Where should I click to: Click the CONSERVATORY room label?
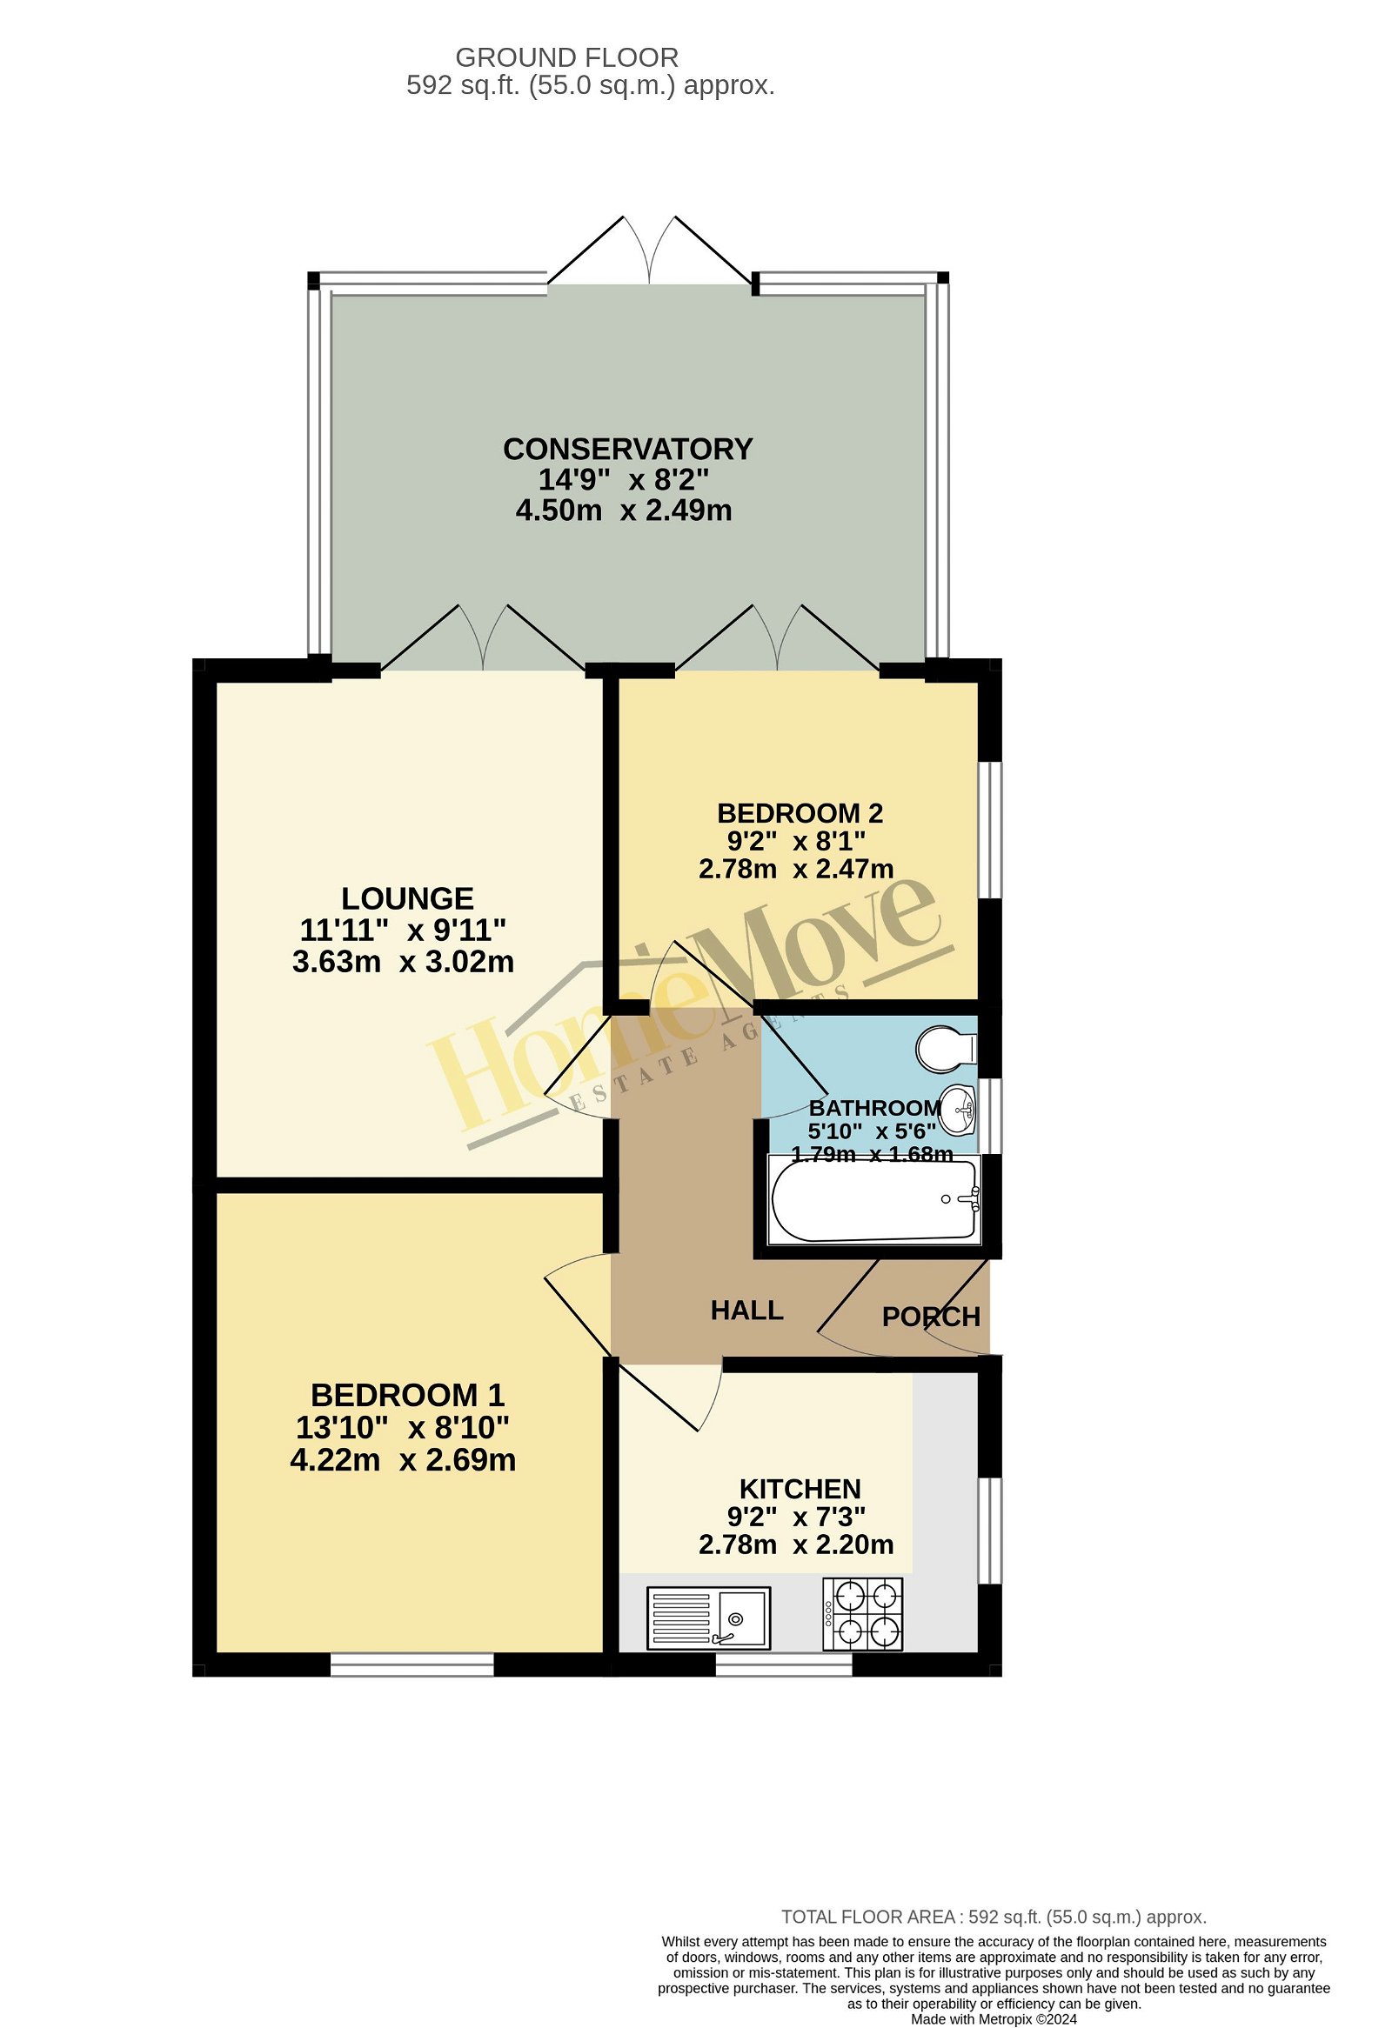click(x=627, y=450)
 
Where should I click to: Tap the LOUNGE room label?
click(x=406, y=899)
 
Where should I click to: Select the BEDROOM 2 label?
click(x=800, y=813)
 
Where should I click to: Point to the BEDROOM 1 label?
click(x=407, y=1396)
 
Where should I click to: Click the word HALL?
click(x=746, y=1310)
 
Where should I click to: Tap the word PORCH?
click(x=931, y=1317)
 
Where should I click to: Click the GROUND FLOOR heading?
click(x=566, y=57)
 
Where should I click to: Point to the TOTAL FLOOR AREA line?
click(x=994, y=1918)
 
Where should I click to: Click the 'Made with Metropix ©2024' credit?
click(x=994, y=2019)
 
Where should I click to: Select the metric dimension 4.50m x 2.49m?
click(x=623, y=510)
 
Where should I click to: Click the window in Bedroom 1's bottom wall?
click(x=412, y=1668)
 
